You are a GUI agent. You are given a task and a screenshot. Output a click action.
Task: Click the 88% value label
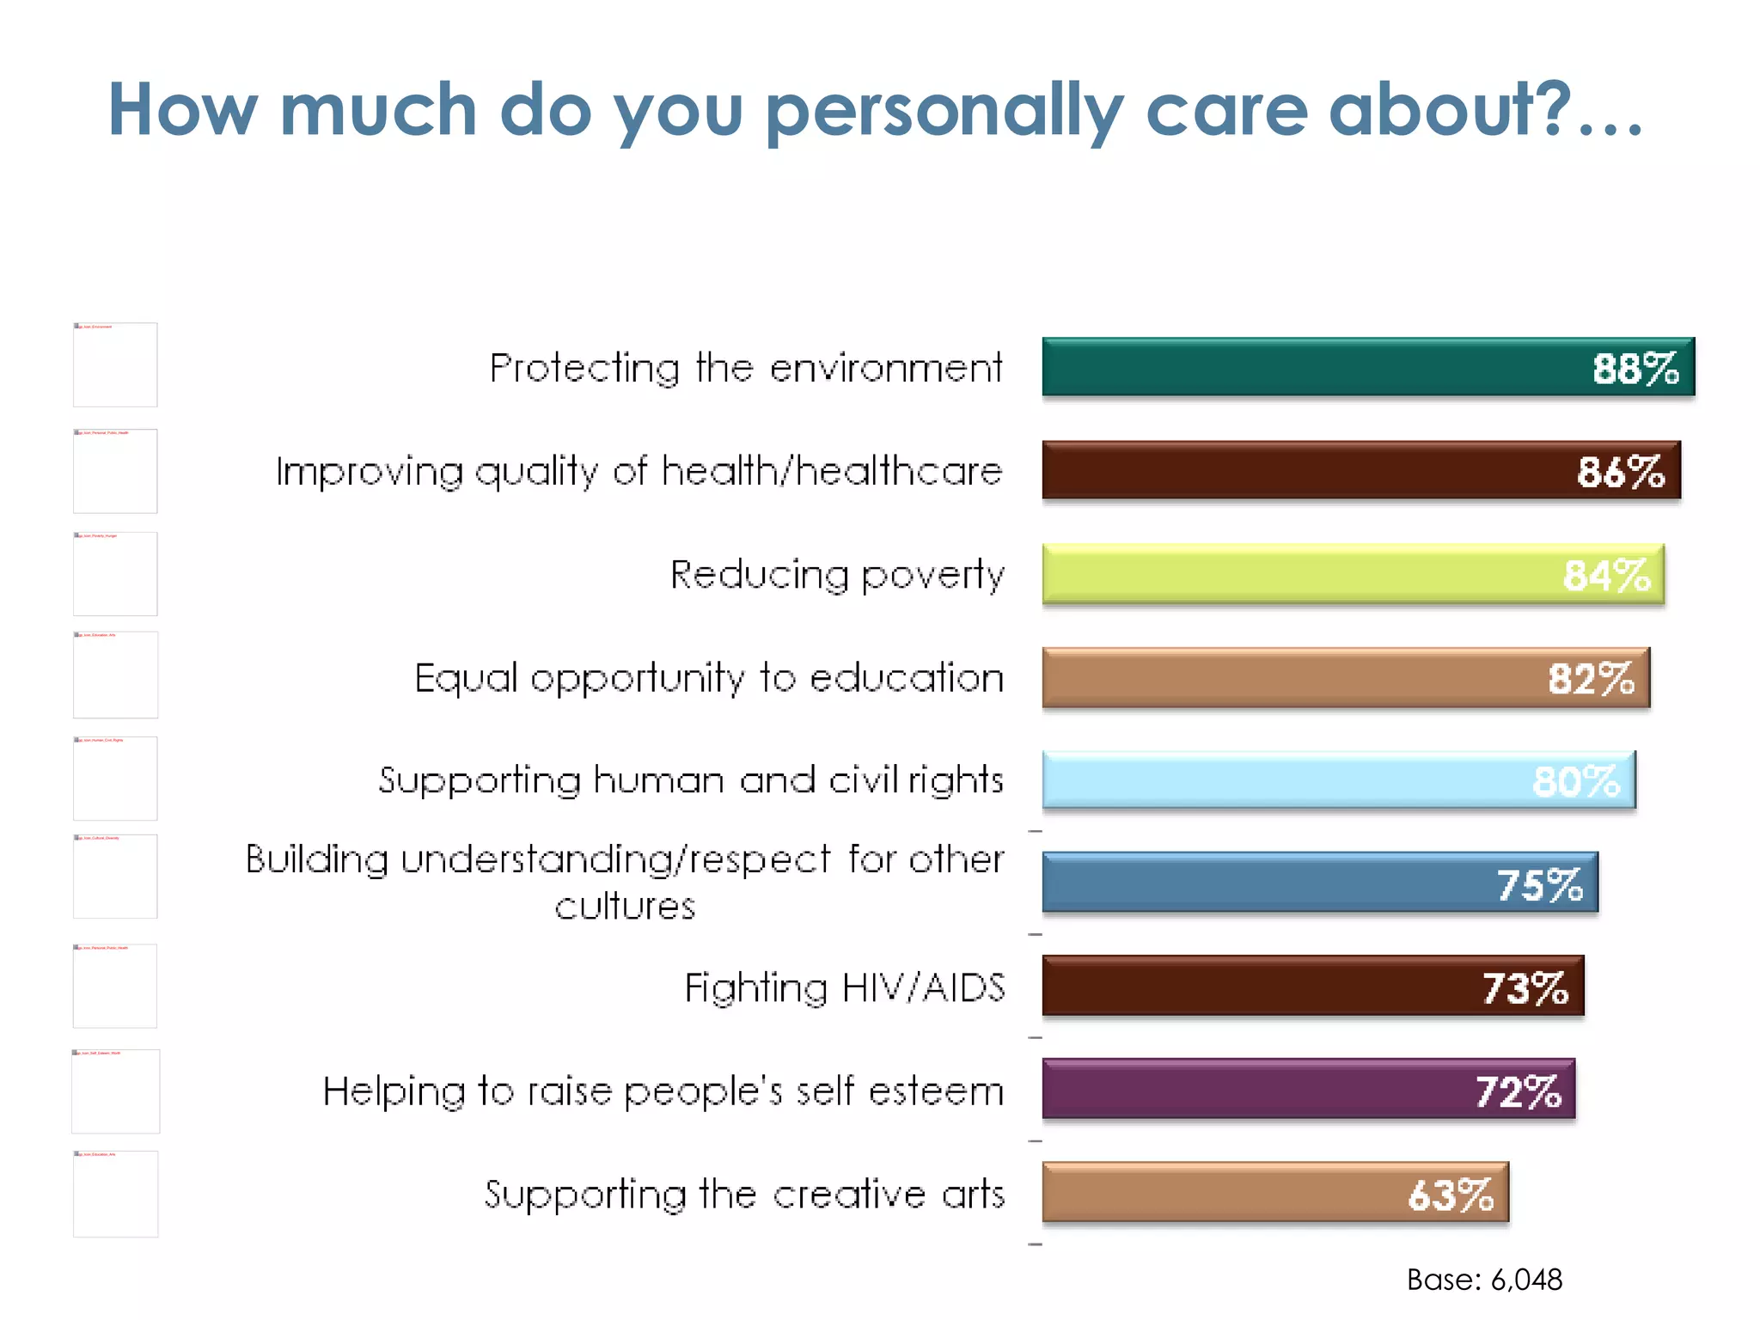[x=1635, y=369]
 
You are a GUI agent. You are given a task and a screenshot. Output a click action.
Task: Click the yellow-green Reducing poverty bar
[x=1289, y=574]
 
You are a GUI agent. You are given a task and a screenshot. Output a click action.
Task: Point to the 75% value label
[x=1539, y=885]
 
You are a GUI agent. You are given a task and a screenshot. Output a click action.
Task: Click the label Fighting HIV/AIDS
[x=844, y=987]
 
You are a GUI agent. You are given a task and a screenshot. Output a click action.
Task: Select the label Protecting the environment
[x=745, y=368]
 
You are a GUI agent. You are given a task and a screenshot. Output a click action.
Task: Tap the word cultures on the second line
[x=625, y=907]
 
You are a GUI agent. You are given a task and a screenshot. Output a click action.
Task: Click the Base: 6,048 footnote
[x=1484, y=1280]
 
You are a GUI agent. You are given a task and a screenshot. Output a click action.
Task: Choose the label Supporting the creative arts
[x=744, y=1195]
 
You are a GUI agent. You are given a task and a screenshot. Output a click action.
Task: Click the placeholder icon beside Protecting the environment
[x=115, y=364]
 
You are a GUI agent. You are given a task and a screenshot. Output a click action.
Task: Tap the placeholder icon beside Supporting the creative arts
[x=115, y=1194]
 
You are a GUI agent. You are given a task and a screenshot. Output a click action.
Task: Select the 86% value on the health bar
[x=1620, y=472]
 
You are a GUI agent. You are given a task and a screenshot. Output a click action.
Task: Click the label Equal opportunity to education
[x=709, y=678]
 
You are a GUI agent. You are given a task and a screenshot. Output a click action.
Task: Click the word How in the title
[x=182, y=110]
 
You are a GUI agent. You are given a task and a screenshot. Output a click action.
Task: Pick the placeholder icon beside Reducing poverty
[x=115, y=574]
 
